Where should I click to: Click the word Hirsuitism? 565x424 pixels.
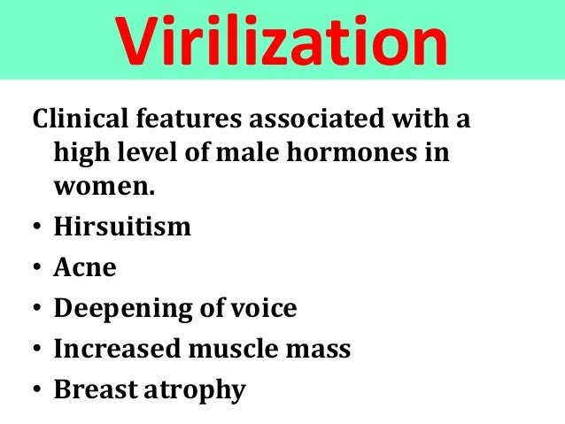click(122, 227)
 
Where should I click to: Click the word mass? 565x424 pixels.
click(319, 348)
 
